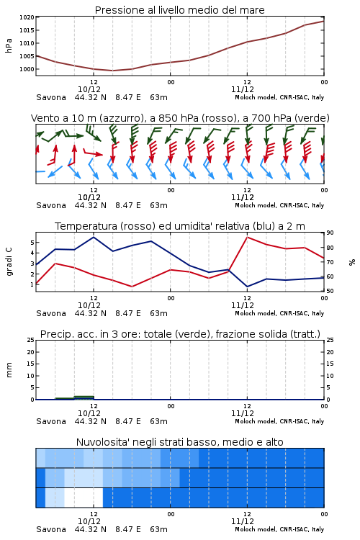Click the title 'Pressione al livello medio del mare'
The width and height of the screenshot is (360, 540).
pyautogui.click(x=179, y=10)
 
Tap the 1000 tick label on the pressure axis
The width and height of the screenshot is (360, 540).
pyautogui.click(x=27, y=69)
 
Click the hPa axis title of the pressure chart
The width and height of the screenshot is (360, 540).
pyautogui.click(x=9, y=45)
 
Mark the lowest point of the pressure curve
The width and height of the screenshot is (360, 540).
pyautogui.click(x=112, y=71)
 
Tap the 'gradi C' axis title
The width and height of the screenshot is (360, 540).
pyautogui.click(x=9, y=262)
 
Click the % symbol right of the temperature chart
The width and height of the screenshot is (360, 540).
pyautogui.click(x=352, y=262)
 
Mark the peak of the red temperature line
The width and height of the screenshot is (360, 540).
pyautogui.click(x=248, y=237)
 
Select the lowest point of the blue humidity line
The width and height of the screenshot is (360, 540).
pyautogui.click(x=248, y=287)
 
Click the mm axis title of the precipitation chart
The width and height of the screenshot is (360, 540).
pyautogui.click(x=9, y=370)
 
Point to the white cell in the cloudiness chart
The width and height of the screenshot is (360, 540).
pyautogui.click(x=84, y=498)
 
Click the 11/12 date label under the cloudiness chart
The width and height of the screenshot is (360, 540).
pyautogui.click(x=243, y=521)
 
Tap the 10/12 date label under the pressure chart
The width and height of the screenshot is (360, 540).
pyautogui.click(x=89, y=89)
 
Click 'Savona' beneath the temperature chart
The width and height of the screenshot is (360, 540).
pyautogui.click(x=51, y=313)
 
